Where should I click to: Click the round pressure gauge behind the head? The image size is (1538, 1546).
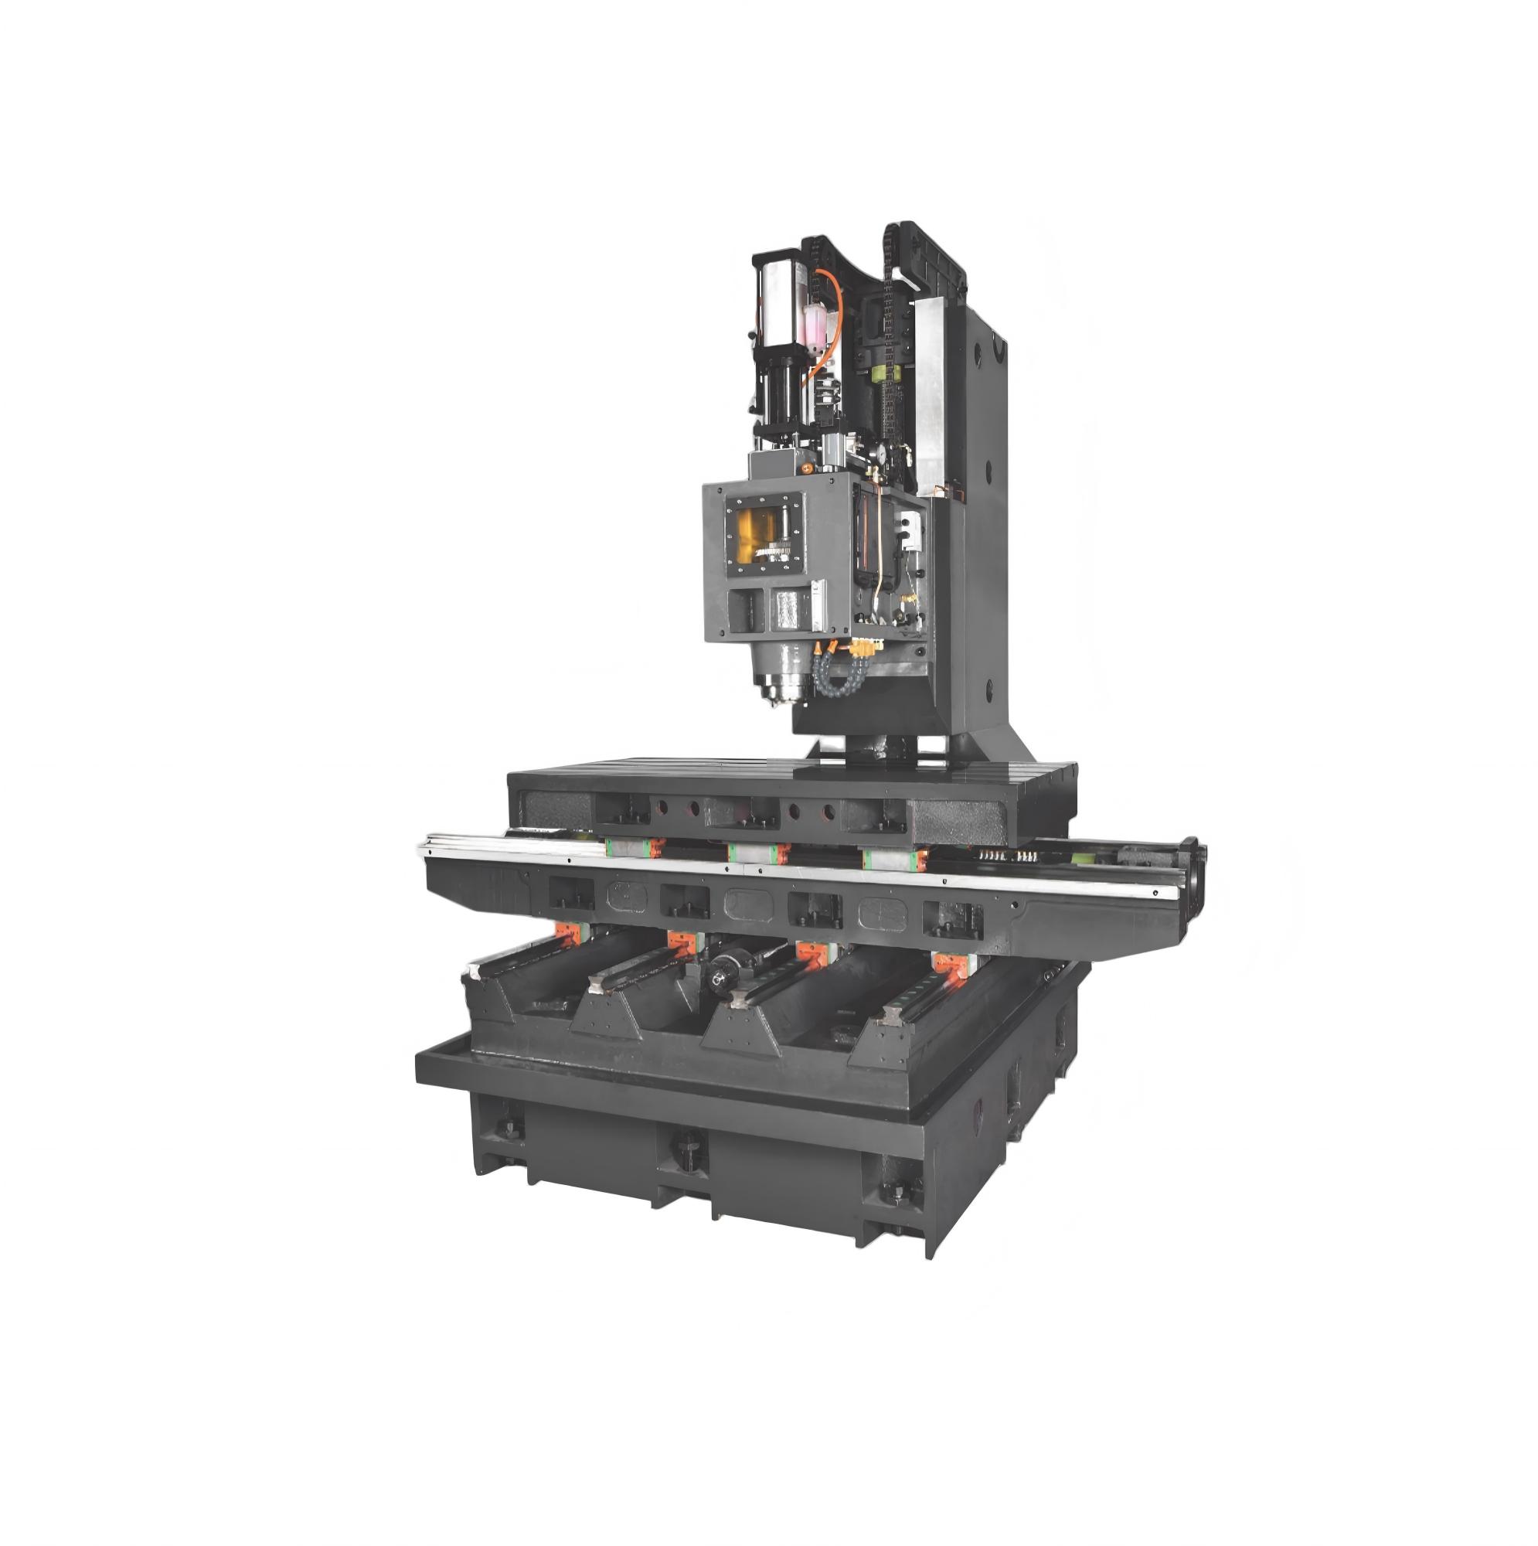878,449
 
